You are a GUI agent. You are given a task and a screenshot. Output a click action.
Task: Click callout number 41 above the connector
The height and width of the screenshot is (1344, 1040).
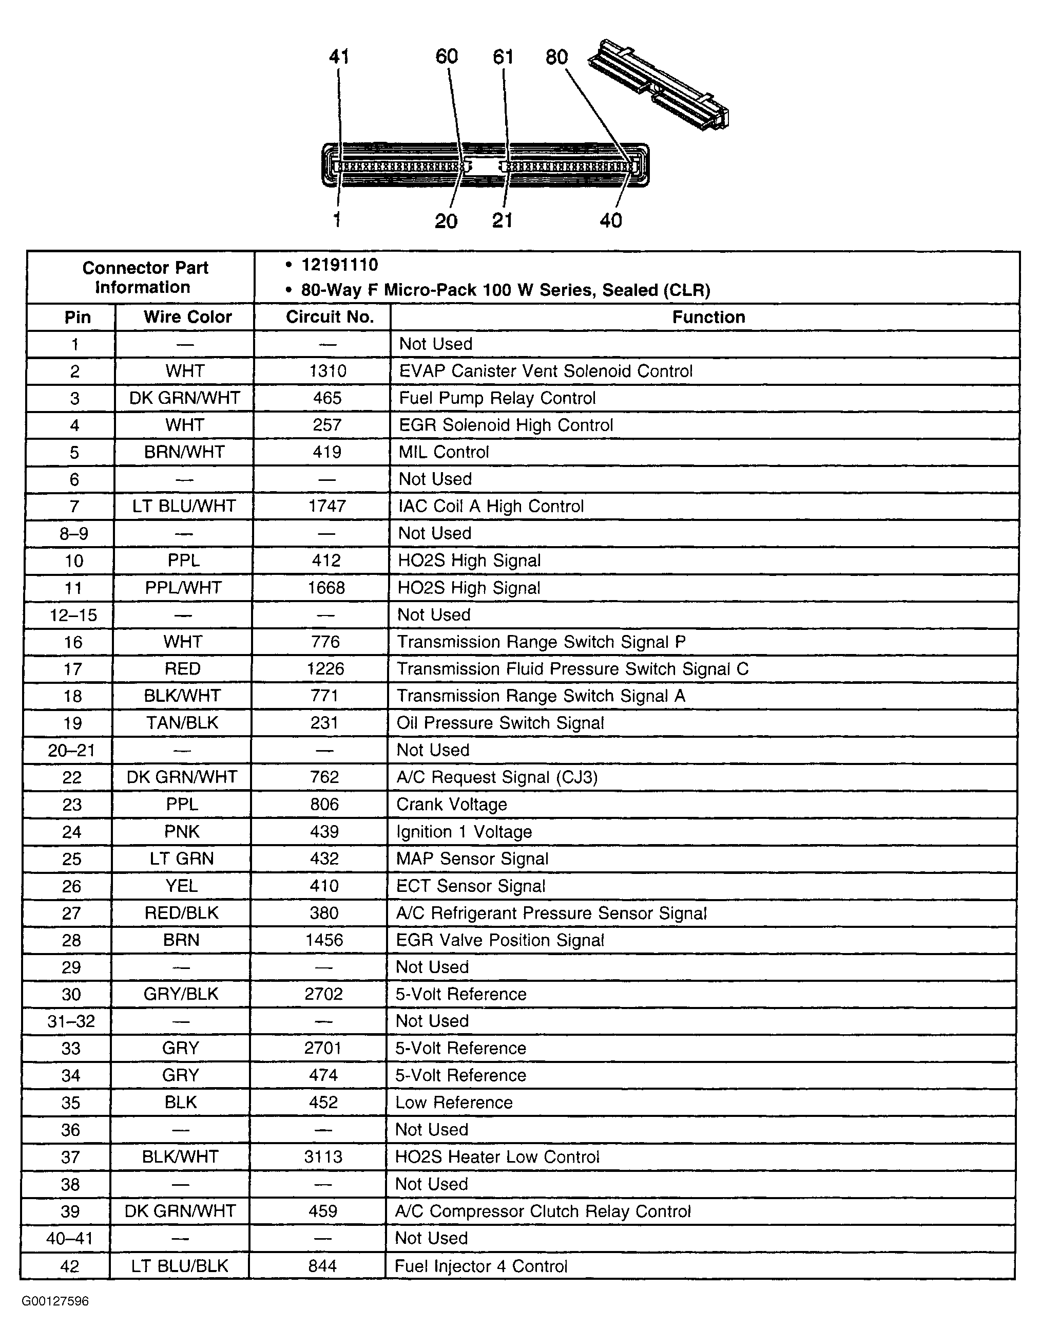[x=339, y=57]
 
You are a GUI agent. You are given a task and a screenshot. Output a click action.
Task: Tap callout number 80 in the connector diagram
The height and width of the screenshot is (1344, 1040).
[x=556, y=57]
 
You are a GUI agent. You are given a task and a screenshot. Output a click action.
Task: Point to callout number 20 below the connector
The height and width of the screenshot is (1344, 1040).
[x=446, y=221]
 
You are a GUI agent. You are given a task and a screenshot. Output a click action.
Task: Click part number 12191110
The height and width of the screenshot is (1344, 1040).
[x=339, y=265]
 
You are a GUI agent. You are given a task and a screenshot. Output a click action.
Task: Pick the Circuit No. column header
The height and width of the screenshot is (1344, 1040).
[x=330, y=317]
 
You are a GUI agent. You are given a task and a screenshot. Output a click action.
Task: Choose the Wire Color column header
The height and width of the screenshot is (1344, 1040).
[x=187, y=317]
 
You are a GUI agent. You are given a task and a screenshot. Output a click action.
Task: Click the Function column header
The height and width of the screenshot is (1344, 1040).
[x=708, y=317]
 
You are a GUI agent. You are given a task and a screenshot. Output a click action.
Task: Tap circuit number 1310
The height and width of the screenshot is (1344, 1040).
[x=328, y=371]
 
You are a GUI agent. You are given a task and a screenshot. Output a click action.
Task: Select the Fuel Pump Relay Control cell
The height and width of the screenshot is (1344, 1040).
[x=497, y=398]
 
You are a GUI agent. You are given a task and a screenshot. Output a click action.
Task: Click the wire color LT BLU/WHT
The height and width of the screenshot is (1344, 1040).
[x=184, y=506]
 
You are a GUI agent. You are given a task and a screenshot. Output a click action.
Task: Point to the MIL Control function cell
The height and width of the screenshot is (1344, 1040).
[x=444, y=452]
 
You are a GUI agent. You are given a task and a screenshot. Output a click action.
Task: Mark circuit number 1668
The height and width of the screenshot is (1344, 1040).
[x=326, y=588]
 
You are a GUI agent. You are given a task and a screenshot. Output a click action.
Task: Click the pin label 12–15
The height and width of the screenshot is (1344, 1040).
[x=73, y=615]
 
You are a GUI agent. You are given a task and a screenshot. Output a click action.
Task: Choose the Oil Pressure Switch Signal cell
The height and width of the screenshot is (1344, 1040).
[x=500, y=722]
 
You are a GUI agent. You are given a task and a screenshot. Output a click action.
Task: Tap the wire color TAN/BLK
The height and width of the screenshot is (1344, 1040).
[x=182, y=722]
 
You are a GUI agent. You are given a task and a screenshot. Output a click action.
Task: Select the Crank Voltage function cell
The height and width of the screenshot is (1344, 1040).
[x=451, y=805]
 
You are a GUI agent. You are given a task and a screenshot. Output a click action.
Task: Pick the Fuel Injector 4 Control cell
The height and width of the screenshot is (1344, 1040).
[x=480, y=1266]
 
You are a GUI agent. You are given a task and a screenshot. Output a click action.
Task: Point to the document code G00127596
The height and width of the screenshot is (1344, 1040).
[x=55, y=1301]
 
